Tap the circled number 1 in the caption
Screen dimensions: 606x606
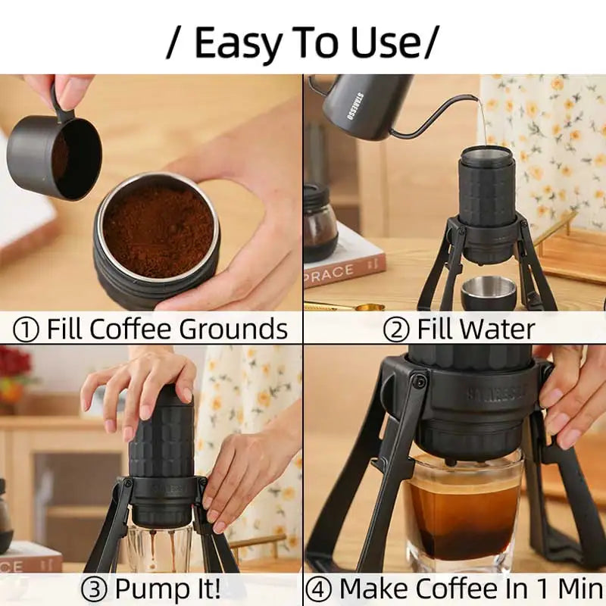pos(27,330)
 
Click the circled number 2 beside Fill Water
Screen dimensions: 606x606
pos(396,330)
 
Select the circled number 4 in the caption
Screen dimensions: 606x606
pos(320,589)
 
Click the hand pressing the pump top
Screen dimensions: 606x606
pos(144,383)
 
